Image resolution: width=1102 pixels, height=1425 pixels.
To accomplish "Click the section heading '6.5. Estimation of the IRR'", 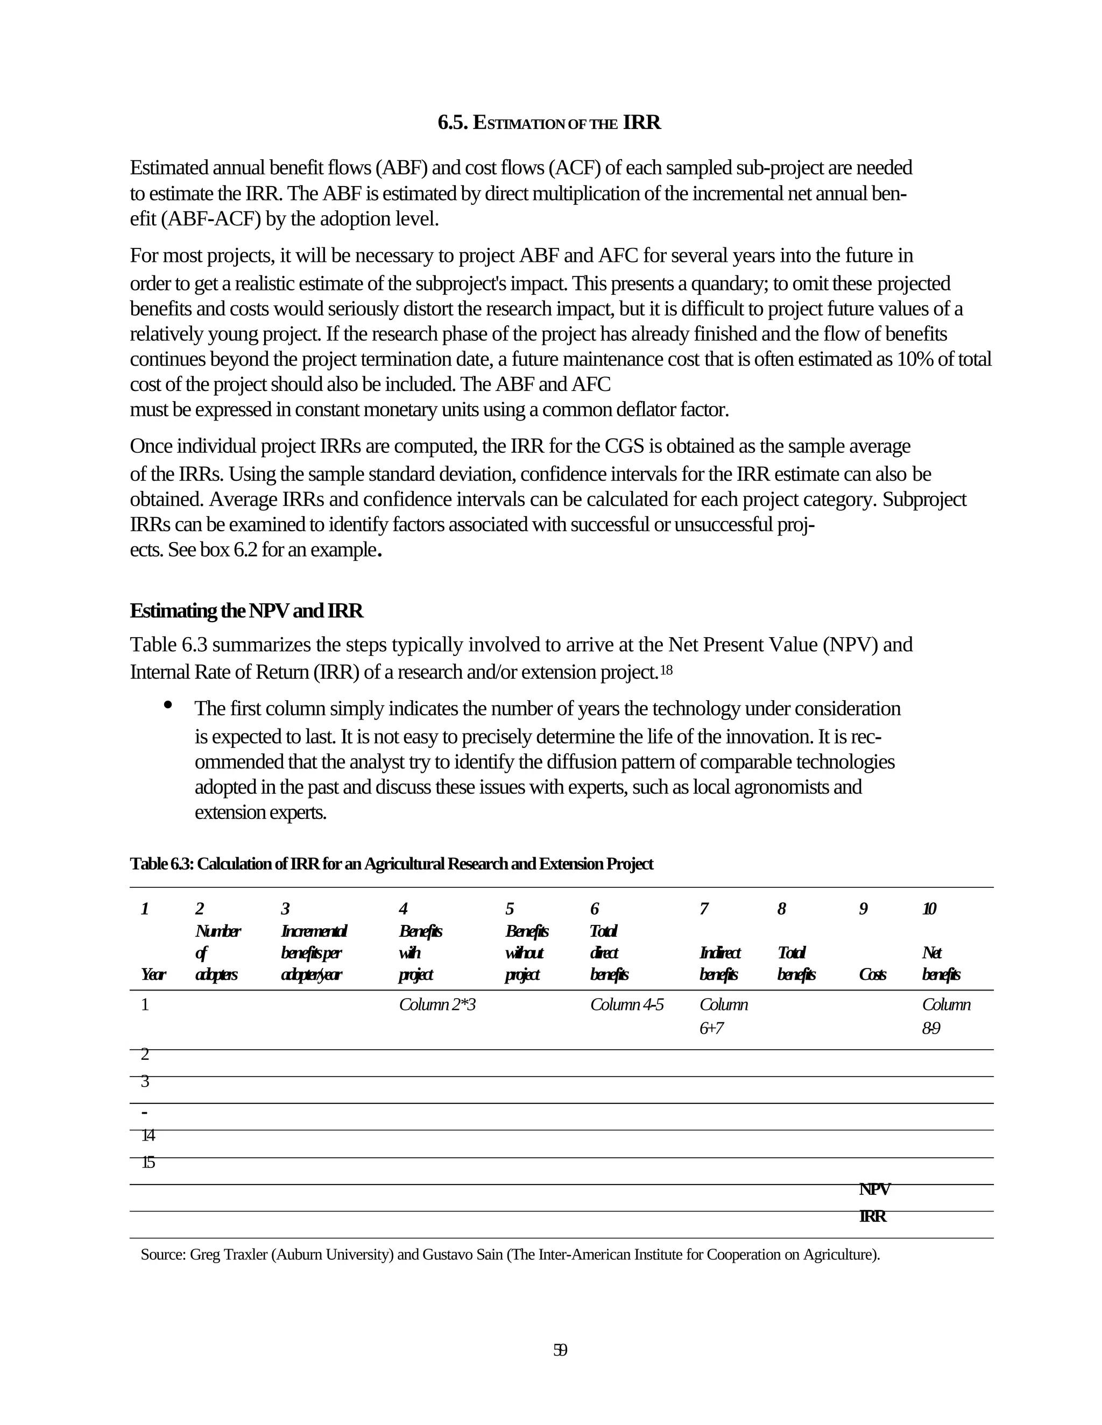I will (549, 123).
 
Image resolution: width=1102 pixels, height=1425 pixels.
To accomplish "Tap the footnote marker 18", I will (666, 670).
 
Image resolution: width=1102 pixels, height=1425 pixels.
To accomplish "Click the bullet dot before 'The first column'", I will (168, 704).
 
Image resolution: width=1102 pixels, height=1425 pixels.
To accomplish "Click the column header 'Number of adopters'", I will (217, 953).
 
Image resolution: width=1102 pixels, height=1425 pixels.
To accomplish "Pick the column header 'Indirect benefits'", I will (719, 964).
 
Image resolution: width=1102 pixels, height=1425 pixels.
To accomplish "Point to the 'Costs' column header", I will (872, 975).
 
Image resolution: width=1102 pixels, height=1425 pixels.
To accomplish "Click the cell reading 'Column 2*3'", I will (437, 1005).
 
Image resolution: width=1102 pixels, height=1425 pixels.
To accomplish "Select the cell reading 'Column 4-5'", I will (627, 1005).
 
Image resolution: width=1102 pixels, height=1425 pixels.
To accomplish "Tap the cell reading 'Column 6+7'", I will (723, 1016).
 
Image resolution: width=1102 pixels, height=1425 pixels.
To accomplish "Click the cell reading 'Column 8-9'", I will (945, 1016).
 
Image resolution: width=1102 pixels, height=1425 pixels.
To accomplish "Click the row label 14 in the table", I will (148, 1136).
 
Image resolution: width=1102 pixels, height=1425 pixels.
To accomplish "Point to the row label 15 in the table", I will (148, 1163).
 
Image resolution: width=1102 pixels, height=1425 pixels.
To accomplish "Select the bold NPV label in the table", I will (874, 1189).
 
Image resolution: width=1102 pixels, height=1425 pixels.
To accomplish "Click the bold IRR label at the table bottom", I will (872, 1216).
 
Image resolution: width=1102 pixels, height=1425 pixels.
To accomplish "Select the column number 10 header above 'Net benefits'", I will (929, 909).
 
